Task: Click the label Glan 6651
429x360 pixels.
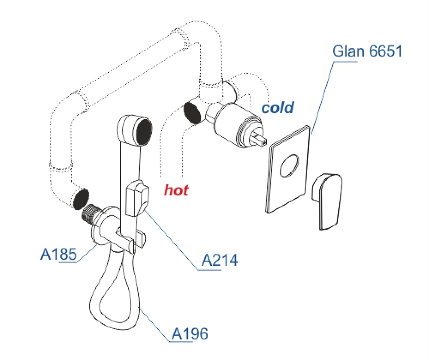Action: [367, 51]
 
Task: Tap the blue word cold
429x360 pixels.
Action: [278, 107]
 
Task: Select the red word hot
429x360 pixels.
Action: [176, 190]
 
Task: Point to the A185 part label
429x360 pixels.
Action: [58, 254]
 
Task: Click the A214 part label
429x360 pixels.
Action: [219, 260]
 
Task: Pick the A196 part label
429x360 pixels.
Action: [190, 333]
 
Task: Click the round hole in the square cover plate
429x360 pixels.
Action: [289, 166]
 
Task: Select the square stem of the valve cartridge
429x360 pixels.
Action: [260, 138]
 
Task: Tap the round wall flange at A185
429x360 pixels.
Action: [100, 231]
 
